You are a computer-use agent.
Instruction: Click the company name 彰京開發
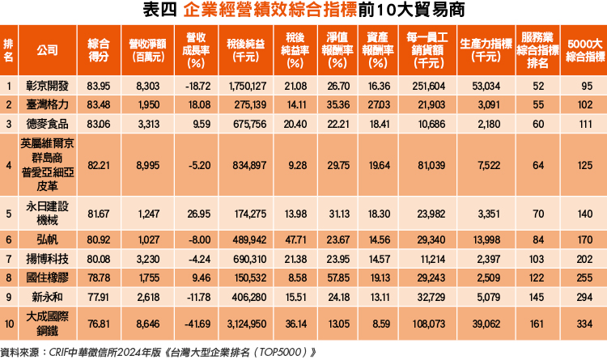tap(47, 85)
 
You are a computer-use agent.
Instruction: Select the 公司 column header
tap(47, 49)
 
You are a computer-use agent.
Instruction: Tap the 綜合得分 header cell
tap(98, 49)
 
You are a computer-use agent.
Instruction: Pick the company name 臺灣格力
tap(47, 104)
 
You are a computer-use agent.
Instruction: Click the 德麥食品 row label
tap(47, 124)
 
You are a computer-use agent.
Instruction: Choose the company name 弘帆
tap(47, 240)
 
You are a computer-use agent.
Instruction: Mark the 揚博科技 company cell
tap(47, 260)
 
